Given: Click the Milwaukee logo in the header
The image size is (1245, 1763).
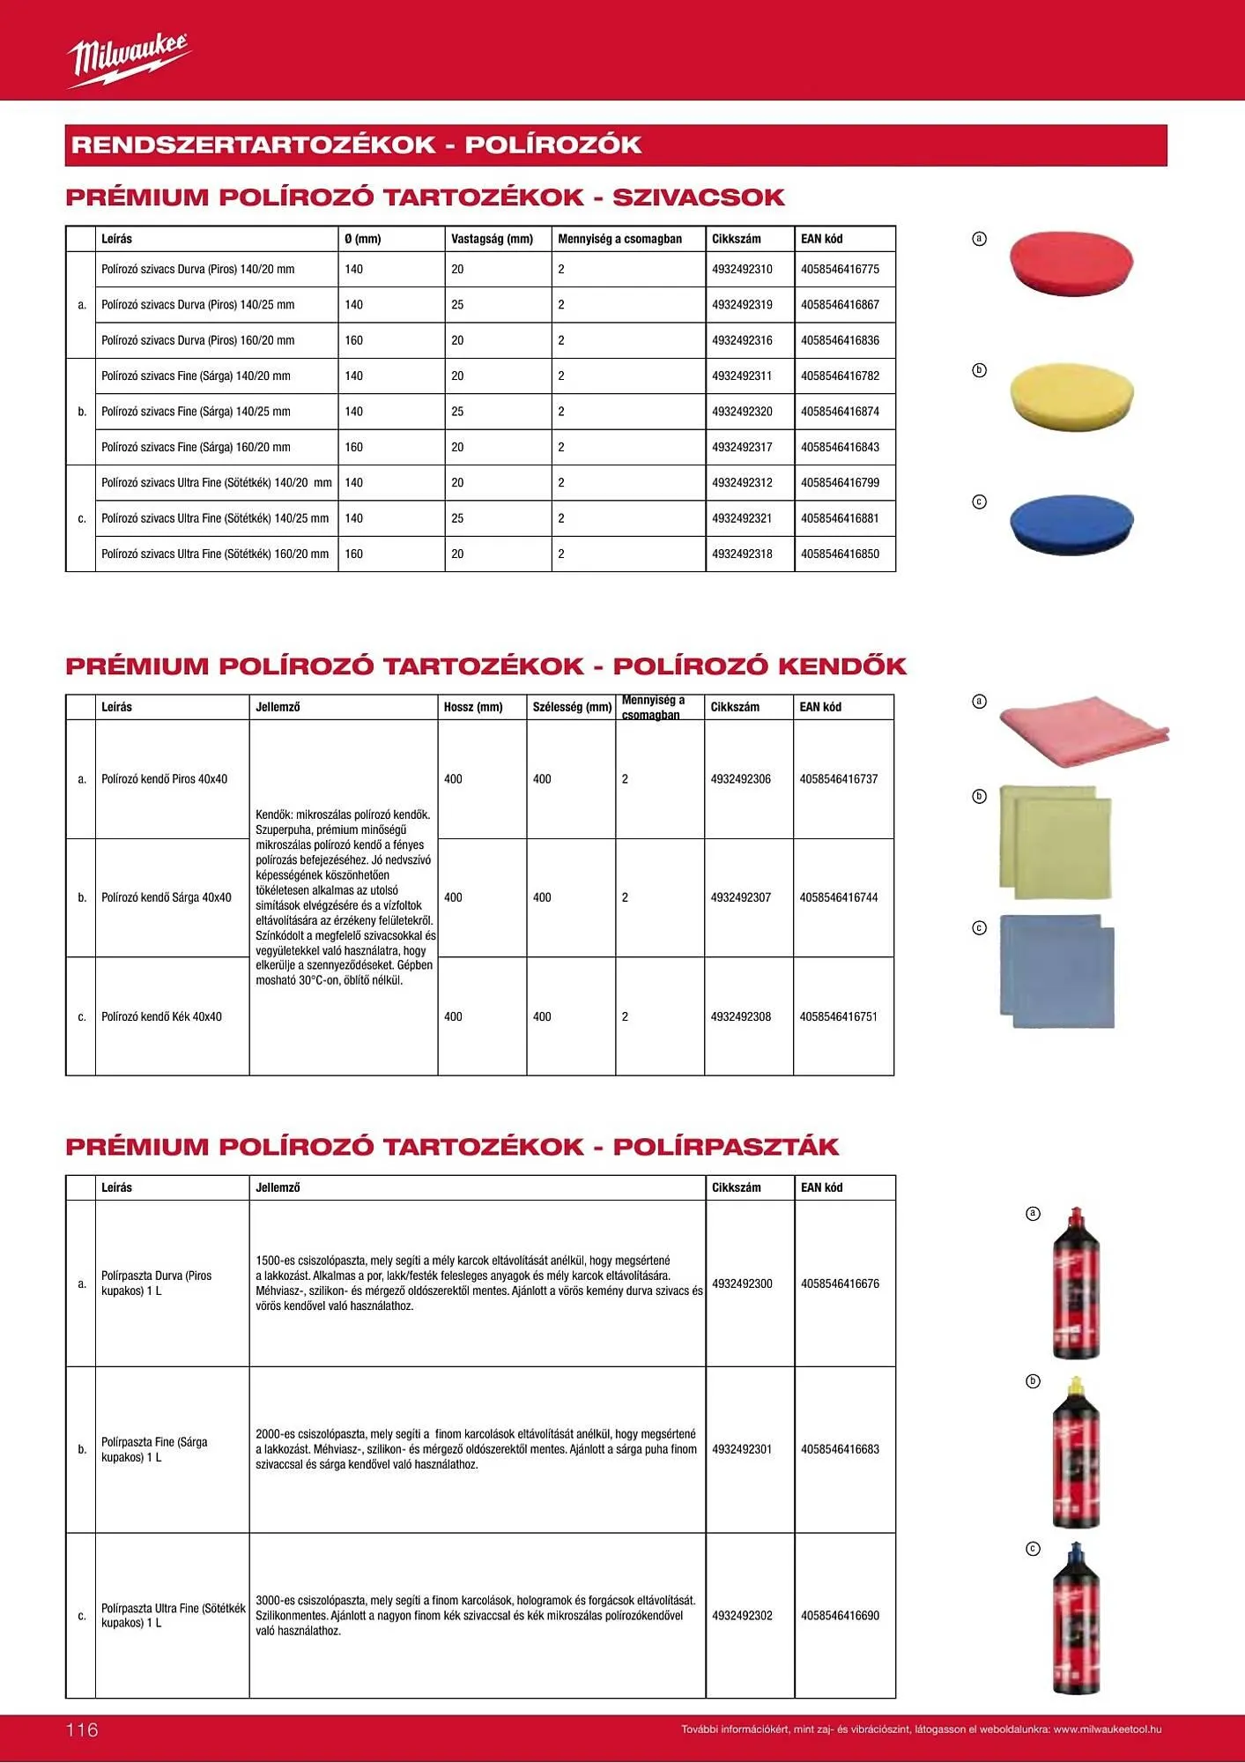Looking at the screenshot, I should point(129,59).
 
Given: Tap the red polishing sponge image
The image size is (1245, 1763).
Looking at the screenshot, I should point(1071,262).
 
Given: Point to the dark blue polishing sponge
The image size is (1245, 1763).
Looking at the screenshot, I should point(1071,524).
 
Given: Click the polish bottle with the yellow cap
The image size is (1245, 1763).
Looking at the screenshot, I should point(1076,1452).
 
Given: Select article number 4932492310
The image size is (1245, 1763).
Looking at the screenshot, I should point(742,270).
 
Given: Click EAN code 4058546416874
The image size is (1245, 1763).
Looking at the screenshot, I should point(840,412).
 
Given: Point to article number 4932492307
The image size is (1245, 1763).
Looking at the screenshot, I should point(740,897).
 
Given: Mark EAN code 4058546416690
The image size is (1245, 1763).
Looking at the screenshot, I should point(840,1616).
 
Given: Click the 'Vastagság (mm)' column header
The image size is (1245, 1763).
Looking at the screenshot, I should point(492,239).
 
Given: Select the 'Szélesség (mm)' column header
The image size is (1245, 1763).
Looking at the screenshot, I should point(572,707).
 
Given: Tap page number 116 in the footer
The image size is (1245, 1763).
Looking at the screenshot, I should point(83,1730).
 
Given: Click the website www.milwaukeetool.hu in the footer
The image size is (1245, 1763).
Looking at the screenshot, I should point(1107,1730).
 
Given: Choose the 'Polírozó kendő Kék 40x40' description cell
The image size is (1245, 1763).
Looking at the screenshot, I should point(161,1016).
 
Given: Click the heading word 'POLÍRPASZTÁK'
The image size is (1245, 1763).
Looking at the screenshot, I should point(725,1147).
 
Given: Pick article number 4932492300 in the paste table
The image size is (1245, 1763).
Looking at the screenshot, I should point(742,1283).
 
